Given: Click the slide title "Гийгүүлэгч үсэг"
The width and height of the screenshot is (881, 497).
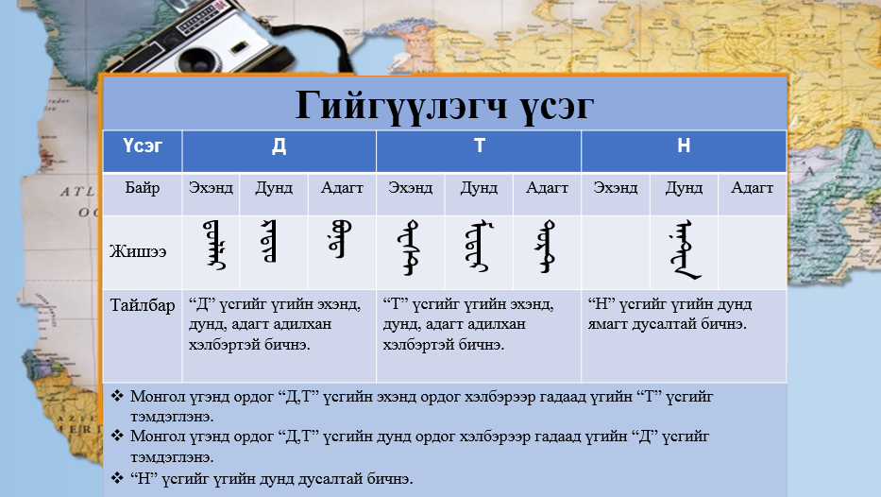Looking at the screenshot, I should coord(445,105).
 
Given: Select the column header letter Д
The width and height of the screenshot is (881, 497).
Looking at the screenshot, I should coord(279,146).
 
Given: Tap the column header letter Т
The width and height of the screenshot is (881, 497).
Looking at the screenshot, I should coord(479,146).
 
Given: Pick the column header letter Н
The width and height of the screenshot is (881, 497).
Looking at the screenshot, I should coord(684,146).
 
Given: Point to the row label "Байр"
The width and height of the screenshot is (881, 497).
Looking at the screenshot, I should coord(142,187).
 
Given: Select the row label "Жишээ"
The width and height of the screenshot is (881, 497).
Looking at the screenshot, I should coord(142,251).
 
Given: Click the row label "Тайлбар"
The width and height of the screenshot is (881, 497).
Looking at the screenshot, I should coord(142,305).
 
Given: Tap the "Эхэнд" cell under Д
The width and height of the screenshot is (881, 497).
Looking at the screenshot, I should coord(211,187).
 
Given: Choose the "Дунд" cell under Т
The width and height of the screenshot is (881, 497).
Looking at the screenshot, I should coord(479,187).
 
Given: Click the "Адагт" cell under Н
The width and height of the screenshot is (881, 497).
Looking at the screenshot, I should coord(753,187).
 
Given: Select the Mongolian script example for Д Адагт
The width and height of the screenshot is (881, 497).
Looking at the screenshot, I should coord(337,240).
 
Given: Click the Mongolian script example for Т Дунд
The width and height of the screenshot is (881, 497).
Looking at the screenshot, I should coord(478,248).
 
